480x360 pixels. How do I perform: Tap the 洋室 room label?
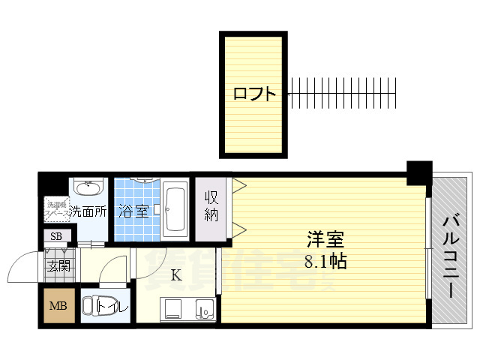[325, 241]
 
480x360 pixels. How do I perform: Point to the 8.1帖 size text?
[325, 262]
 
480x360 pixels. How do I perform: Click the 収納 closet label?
[212, 205]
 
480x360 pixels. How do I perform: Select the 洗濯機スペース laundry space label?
[57, 208]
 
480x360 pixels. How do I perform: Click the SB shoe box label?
[56, 237]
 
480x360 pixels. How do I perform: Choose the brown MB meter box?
[58, 307]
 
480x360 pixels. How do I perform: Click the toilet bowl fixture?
[94, 307]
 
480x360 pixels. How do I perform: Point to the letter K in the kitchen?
[175, 275]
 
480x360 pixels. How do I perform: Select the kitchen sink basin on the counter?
[202, 309]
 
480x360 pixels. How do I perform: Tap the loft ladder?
[341, 94]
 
